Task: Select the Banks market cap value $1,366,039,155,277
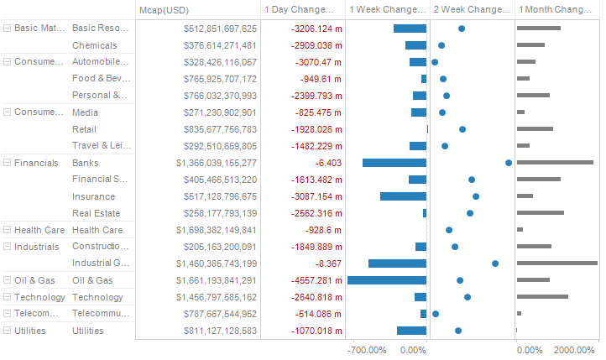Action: coord(217,163)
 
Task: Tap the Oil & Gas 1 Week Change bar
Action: coord(387,280)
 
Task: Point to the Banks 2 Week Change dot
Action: coord(509,163)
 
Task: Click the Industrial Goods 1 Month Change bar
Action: coord(556,263)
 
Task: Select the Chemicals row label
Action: coord(95,45)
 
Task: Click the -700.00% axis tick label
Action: coord(366,349)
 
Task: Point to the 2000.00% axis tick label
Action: coord(575,349)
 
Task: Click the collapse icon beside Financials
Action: coord(8,163)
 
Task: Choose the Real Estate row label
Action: coord(96,213)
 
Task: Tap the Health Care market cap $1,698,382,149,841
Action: coord(217,230)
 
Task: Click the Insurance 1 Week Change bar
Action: coord(403,196)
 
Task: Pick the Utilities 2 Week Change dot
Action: coord(458,331)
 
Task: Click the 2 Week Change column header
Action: coord(471,9)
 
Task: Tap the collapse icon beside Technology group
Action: coord(8,297)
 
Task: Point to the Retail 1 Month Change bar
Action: coord(535,129)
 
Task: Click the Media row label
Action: coord(85,112)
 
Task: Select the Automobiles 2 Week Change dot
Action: coord(435,62)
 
